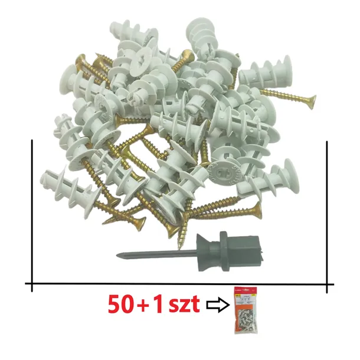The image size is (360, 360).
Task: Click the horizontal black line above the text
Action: [177, 285]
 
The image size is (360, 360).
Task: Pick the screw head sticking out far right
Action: [311, 102]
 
